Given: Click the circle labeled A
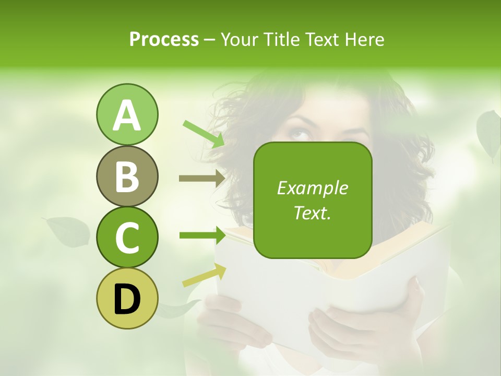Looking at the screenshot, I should tap(127, 115).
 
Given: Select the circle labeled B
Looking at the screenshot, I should tap(127, 176).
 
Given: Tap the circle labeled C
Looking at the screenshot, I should tap(127, 237).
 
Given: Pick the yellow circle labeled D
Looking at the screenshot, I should tap(127, 298).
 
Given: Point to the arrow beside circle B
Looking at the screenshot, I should tap(201, 179).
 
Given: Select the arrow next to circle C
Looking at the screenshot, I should tap(201, 236).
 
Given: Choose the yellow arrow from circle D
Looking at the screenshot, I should tap(204, 275).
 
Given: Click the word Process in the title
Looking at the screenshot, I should tap(164, 39).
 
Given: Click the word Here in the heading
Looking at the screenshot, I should tap(364, 39).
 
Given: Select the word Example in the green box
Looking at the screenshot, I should tap(312, 188).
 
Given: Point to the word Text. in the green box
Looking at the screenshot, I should tap(312, 213).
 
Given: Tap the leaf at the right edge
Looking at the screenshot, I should tap(489, 134).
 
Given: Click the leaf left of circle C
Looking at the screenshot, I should tap(68, 231).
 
